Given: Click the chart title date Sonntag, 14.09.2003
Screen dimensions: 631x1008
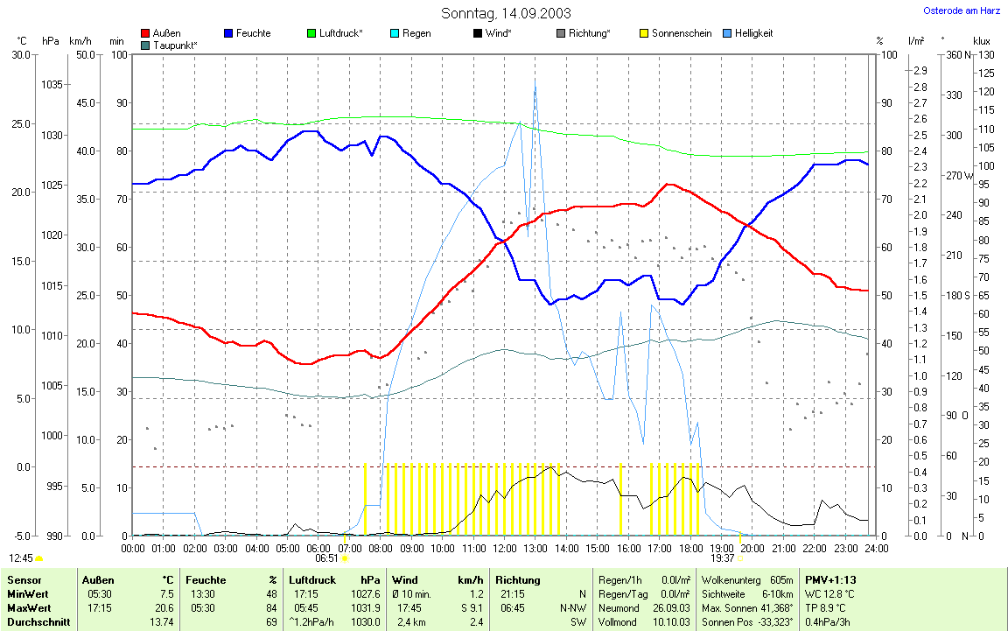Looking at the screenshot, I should click(506, 13).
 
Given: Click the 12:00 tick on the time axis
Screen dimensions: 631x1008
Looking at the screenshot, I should click(504, 548).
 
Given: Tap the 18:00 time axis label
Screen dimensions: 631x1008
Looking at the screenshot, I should click(690, 548).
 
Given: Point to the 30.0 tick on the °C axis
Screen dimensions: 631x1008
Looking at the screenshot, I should click(19, 54).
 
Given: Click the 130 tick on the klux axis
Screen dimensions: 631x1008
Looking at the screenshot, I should click(985, 54).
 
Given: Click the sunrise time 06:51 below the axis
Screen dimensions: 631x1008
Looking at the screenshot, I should click(326, 557).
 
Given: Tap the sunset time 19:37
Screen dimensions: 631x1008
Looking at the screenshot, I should click(722, 557).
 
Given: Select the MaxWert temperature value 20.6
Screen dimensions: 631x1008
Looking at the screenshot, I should click(164, 607).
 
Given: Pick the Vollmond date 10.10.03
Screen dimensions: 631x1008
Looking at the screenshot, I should click(673, 621).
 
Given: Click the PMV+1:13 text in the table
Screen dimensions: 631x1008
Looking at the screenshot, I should click(829, 579).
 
